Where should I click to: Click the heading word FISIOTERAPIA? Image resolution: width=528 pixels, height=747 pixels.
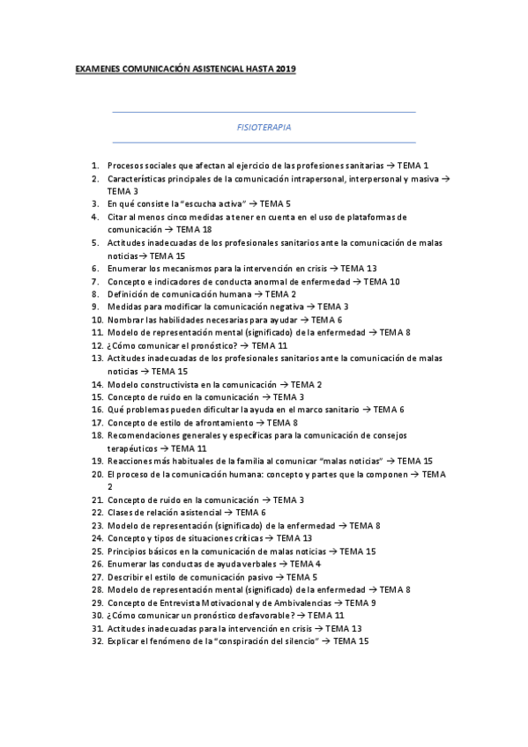click(x=264, y=127)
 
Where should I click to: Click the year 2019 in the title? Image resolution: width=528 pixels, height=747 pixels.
click(x=286, y=68)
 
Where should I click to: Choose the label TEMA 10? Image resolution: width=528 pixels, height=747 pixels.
click(x=382, y=281)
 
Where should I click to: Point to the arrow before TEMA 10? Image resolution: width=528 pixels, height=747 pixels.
click(x=357, y=281)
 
